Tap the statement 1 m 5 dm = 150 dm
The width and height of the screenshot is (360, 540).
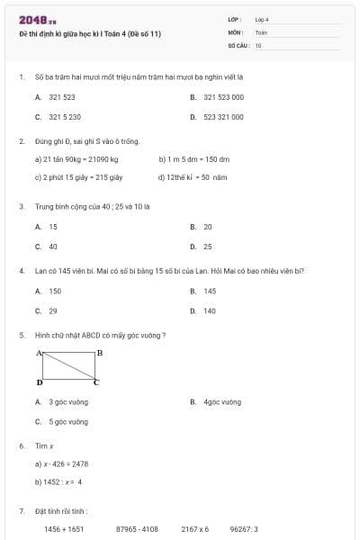point(193,159)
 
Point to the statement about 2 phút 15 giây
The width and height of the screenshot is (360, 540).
point(77,177)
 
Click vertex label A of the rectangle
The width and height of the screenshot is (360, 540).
point(39,353)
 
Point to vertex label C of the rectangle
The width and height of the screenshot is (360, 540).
point(97,382)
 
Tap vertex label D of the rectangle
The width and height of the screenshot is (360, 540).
point(39,382)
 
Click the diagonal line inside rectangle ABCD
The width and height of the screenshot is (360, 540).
point(68,367)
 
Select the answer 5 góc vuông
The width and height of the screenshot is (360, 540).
point(67,421)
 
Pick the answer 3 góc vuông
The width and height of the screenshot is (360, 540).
point(67,402)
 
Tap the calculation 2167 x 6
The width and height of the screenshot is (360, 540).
point(194,529)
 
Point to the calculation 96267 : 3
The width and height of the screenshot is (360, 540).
point(244,529)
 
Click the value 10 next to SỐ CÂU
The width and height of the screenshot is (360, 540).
point(258,45)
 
